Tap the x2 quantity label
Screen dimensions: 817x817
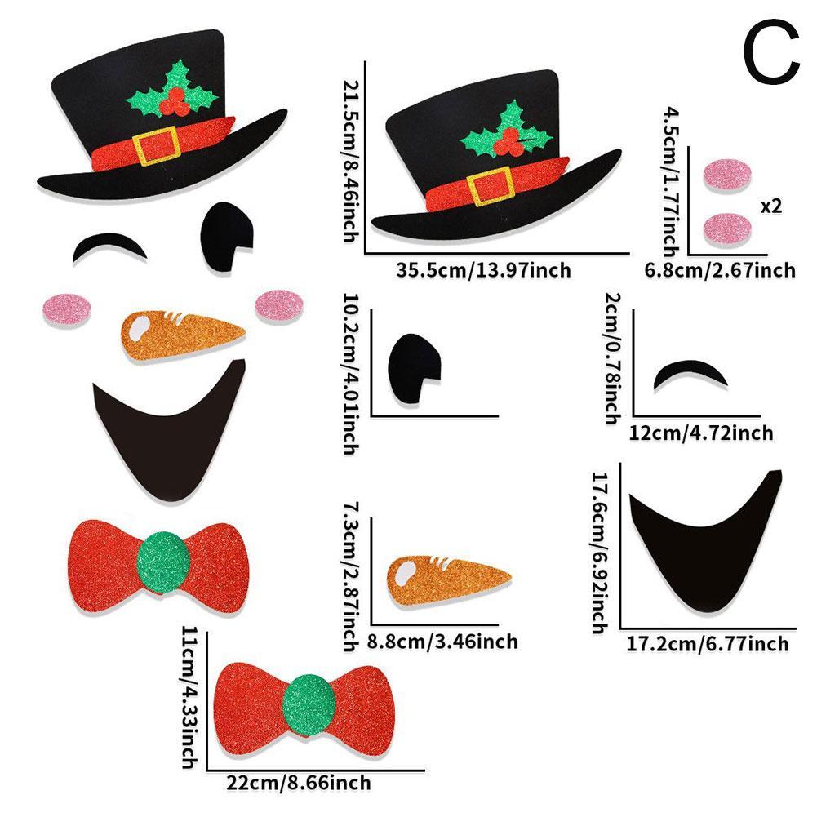coord(770,206)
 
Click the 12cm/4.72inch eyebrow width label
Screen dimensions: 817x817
coord(701,433)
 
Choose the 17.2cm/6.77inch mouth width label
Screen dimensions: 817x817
coord(707,645)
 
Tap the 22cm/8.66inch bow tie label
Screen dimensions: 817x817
coord(298,783)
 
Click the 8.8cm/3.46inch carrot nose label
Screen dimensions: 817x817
coord(442,642)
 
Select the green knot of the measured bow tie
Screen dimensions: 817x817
coord(309,700)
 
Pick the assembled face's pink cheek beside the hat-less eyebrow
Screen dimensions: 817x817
coord(67,308)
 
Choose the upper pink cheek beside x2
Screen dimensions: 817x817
coord(727,175)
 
